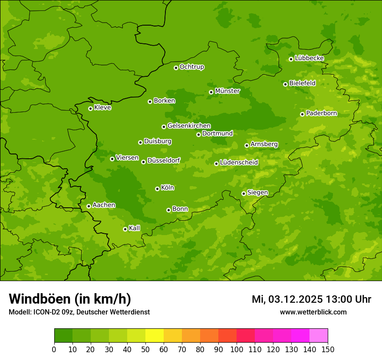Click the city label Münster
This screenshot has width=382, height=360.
[x=227, y=91]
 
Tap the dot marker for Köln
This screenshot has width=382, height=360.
[x=157, y=189]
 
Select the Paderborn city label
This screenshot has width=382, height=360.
[x=322, y=113]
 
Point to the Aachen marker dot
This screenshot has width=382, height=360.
[x=89, y=206]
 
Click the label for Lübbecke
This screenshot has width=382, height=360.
[x=309, y=58]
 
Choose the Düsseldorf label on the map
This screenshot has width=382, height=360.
[x=164, y=160]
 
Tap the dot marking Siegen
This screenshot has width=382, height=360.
[x=244, y=193]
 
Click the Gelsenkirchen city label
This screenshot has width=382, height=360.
[x=189, y=126]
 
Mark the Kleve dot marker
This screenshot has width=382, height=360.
[x=90, y=108]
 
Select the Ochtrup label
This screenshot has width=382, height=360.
[x=192, y=67]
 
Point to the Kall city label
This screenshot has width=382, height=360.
[x=135, y=228]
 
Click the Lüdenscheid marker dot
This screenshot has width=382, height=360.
[x=216, y=164]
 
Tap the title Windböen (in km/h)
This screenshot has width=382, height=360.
[x=70, y=299]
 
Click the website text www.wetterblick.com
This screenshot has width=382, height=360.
[x=313, y=312]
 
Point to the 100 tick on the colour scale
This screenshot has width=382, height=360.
[x=237, y=349]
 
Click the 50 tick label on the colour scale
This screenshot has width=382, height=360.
[x=145, y=349]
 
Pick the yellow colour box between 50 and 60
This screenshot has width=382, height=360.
[x=155, y=336]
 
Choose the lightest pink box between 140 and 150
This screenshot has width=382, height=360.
[x=319, y=336]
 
